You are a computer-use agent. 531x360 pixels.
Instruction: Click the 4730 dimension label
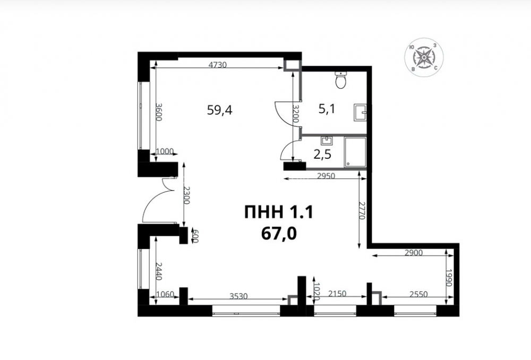pos(217,64)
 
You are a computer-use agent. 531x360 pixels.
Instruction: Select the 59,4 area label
pos(220,110)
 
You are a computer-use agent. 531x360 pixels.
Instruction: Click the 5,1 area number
pos(327,109)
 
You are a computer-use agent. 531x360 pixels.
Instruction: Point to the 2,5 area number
pos(322,155)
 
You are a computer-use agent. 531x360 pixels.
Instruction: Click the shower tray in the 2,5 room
pos(355,152)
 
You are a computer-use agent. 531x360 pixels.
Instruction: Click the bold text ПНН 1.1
pos(279,212)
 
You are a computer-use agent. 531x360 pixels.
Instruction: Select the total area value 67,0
pos(279,233)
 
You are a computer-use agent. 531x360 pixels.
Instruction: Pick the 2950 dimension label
pos(326,175)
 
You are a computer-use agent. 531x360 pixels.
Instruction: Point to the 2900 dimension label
pos(413,252)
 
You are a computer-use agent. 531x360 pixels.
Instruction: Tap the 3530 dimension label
pos(238,296)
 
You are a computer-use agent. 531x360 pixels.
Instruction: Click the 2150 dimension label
pos(337,294)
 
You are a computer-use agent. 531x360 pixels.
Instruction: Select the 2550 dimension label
pos(418,294)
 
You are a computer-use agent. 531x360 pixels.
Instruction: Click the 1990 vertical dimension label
pos(449,278)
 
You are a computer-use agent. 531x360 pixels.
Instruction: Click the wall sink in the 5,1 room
pos(361,112)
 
